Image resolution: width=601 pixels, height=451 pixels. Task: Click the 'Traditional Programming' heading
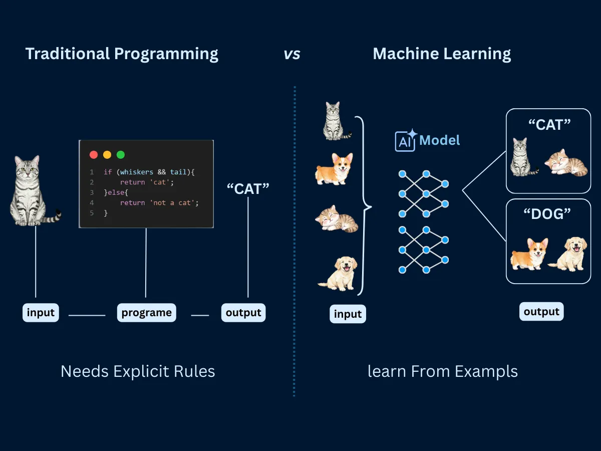[122, 54]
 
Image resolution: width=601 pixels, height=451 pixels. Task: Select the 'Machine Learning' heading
[442, 54]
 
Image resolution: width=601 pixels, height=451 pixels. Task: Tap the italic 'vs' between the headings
[292, 54]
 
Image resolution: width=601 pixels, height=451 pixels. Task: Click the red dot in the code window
[94, 155]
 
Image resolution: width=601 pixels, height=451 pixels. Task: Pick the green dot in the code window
[121, 155]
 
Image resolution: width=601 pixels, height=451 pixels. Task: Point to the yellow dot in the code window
[107, 155]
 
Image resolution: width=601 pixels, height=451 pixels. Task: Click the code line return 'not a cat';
[159, 203]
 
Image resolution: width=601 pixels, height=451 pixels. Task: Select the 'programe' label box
[146, 313]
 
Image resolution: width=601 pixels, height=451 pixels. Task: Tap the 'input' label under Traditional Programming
[41, 313]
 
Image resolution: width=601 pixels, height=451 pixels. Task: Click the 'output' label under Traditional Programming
[243, 313]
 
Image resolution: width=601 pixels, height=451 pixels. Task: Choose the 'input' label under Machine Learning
[348, 314]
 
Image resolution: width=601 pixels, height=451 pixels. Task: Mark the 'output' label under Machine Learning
[541, 312]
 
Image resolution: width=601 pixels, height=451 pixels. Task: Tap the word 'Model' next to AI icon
[440, 140]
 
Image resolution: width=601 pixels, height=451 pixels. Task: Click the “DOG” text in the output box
[547, 214]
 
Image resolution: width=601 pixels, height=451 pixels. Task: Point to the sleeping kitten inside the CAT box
[566, 162]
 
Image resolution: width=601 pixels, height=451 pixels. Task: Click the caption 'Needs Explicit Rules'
[138, 371]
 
